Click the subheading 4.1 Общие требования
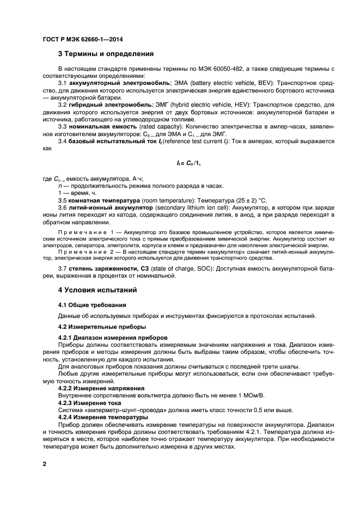click(92, 304)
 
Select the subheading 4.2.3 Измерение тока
click(86, 403)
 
